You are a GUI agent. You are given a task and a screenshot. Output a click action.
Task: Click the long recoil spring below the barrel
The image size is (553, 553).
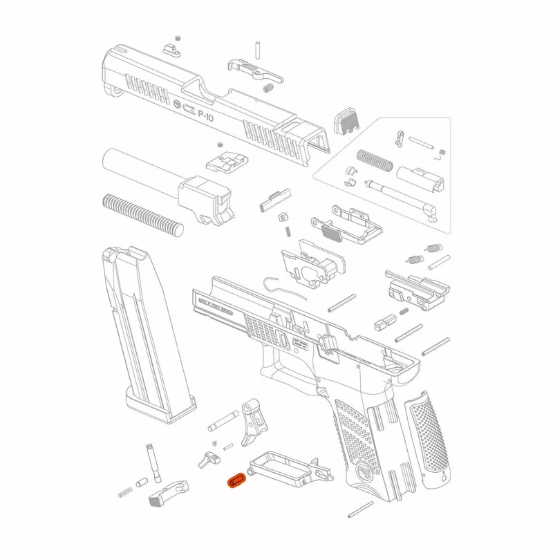(142, 213)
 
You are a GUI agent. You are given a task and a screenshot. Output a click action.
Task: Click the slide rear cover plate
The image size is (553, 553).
(348, 122)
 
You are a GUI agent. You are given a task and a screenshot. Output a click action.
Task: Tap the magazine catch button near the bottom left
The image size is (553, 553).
(166, 491)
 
